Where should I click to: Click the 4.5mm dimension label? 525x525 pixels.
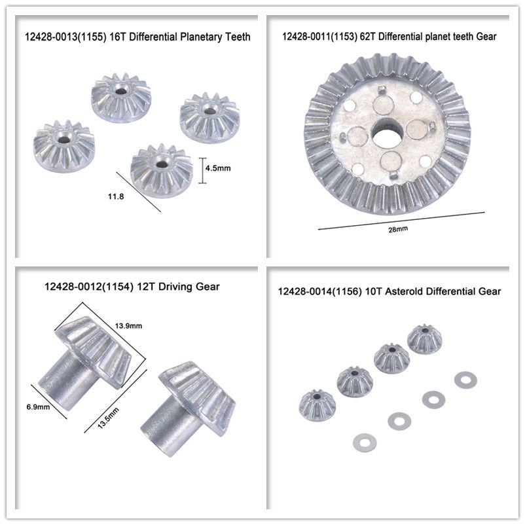(x=218, y=168)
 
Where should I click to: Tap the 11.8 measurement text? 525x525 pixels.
(x=116, y=196)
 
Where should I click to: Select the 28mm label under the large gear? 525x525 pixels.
(x=398, y=229)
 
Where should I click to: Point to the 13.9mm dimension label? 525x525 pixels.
(x=128, y=326)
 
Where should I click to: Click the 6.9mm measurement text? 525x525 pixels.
(x=38, y=407)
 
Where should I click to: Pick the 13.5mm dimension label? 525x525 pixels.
(x=108, y=418)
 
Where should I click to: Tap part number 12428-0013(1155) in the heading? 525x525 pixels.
(x=65, y=37)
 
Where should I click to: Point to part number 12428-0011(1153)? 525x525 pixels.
(x=319, y=36)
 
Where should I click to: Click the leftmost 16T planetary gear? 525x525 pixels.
(x=64, y=147)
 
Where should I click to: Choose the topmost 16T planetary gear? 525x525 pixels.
(x=121, y=98)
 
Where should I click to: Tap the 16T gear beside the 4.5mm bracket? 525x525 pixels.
(x=162, y=171)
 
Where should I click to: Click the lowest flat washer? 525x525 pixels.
(x=365, y=443)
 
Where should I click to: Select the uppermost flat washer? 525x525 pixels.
(x=465, y=380)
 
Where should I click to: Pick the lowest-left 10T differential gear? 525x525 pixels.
(x=317, y=405)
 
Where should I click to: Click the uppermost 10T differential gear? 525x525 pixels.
(x=425, y=338)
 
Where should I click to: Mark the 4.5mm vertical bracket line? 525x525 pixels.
(x=202, y=171)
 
